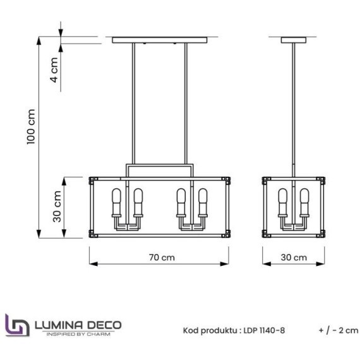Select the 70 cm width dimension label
[162, 258]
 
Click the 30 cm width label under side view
[294, 258]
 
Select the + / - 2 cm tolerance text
[339, 330]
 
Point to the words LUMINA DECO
[75, 323]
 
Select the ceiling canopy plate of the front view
[160, 40]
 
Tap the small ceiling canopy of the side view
[294, 40]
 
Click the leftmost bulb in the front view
[117, 201]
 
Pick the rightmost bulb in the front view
[203, 201]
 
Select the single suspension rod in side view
[294, 107]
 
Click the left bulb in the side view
[283, 201]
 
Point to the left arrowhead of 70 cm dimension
[91, 265]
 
